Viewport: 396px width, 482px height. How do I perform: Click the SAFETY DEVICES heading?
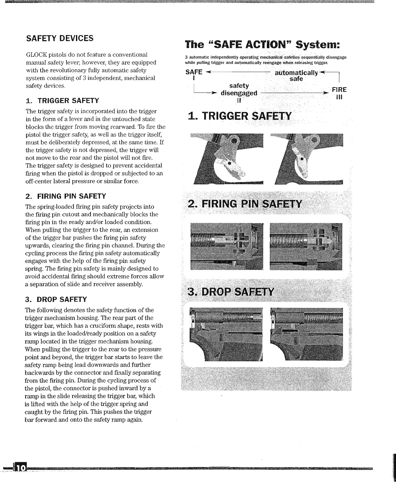click(60, 38)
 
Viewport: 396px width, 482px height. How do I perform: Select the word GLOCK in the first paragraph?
click(37, 54)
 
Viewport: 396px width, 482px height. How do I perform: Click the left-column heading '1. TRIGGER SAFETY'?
click(62, 100)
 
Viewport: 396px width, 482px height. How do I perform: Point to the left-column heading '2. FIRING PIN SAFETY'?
click(66, 196)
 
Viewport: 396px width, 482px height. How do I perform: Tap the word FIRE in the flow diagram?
click(339, 90)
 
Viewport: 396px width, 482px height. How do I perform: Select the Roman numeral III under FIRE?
click(339, 97)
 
